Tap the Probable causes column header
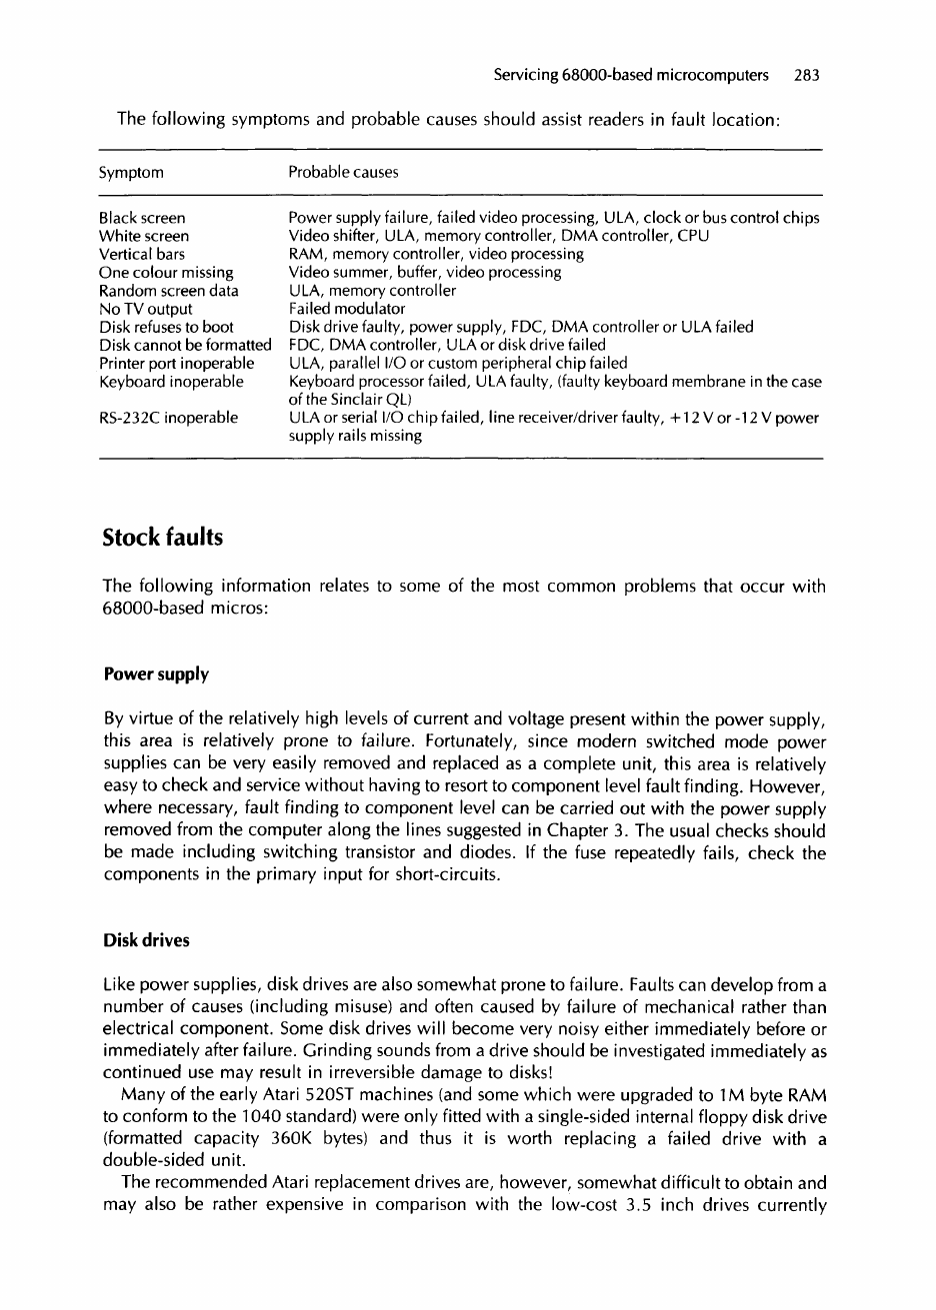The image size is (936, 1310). (343, 173)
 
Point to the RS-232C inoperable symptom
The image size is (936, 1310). (169, 418)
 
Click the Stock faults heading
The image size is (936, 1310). (163, 539)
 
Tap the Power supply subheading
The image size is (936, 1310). (156, 674)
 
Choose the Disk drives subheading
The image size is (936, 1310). (146, 941)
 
